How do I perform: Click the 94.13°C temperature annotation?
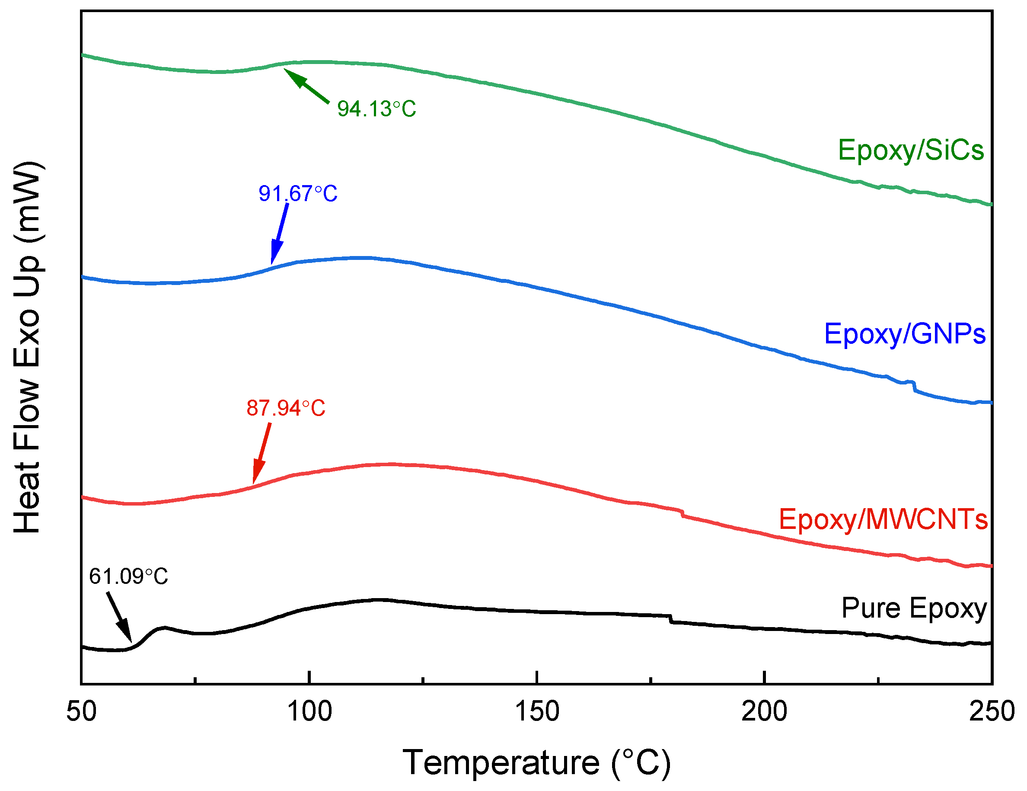coord(376,109)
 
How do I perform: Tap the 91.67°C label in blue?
coord(298,194)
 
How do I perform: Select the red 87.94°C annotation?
coord(285,408)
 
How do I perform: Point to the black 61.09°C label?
coord(128,576)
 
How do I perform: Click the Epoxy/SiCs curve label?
coord(910,151)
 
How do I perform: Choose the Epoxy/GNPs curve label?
coord(904,334)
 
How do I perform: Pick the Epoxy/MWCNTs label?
coord(883,519)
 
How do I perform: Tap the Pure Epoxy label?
coord(914,608)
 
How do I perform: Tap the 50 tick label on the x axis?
coord(81,711)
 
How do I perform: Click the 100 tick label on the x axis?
coord(309,711)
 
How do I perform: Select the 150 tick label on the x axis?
coord(537,711)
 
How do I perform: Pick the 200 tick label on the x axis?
coord(764,711)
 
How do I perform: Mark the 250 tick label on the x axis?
coord(991,711)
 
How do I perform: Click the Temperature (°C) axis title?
coord(536,762)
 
